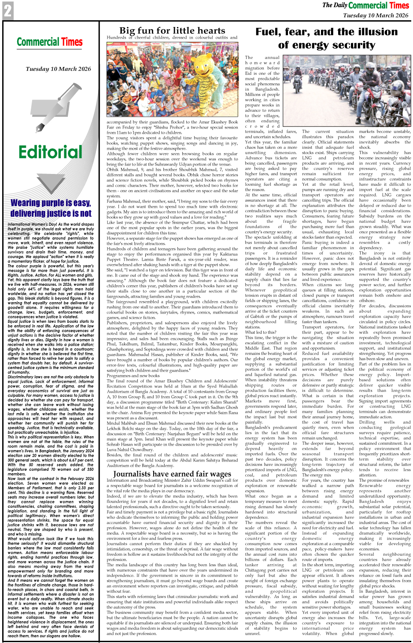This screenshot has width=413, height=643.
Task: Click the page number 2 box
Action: click(x=7, y=11)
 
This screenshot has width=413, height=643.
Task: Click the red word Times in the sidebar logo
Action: click(x=72, y=42)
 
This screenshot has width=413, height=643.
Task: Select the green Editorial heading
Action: click(x=50, y=152)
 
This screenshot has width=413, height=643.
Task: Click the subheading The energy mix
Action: click(x=317, y=475)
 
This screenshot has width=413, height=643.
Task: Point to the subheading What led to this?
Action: click(x=261, y=333)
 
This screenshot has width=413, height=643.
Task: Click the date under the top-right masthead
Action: click(x=376, y=15)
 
